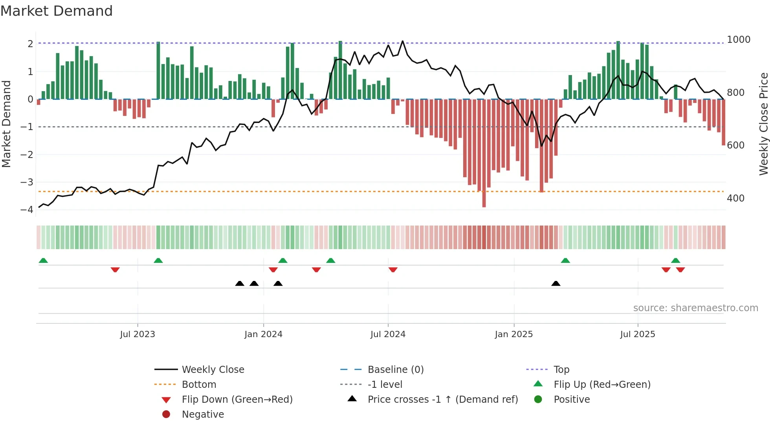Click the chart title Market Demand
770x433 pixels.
click(57, 11)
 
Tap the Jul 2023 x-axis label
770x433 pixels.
click(137, 334)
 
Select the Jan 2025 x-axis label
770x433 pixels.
click(513, 334)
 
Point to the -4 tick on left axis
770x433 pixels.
click(27, 209)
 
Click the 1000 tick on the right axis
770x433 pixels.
click(738, 40)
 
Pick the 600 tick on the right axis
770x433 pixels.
click(735, 145)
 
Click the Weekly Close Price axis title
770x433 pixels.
click(763, 124)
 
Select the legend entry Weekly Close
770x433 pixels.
click(213, 370)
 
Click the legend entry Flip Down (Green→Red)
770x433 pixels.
click(237, 400)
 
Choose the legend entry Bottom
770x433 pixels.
click(199, 385)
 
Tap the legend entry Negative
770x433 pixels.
click(203, 415)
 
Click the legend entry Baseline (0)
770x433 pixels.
click(395, 370)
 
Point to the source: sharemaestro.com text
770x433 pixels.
click(695, 308)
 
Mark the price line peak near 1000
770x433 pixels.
click(403, 41)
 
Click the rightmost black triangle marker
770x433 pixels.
click(555, 283)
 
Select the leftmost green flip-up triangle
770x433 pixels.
click(43, 261)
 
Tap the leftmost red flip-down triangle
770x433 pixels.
click(115, 270)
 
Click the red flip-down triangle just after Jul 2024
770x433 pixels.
click(393, 270)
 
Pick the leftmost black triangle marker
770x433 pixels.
click(240, 283)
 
